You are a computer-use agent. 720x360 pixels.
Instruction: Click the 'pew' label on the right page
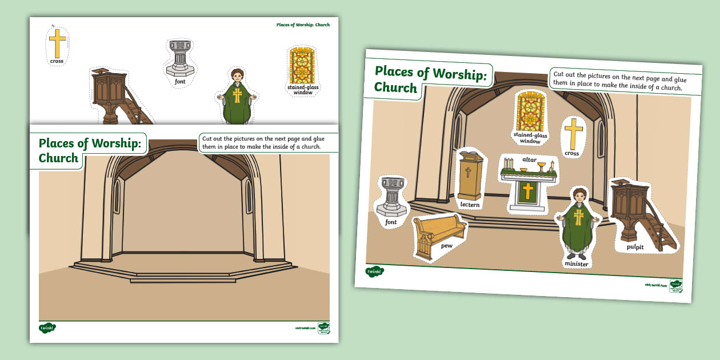(x=446, y=246)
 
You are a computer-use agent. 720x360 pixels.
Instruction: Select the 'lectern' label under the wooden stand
(x=470, y=205)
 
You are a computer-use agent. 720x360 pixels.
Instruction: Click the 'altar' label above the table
(x=529, y=159)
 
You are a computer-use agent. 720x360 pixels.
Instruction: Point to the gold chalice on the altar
(x=541, y=167)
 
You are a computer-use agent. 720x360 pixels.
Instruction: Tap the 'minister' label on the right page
(x=576, y=264)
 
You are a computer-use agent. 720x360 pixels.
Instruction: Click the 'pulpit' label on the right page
(x=634, y=247)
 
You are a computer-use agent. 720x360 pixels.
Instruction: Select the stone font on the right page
(x=391, y=197)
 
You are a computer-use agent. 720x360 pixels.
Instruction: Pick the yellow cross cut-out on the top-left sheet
(x=57, y=43)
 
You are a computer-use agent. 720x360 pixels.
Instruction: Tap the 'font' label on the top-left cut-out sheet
(x=180, y=82)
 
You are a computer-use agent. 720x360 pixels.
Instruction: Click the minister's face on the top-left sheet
(x=236, y=77)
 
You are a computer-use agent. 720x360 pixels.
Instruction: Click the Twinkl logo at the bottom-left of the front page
(x=47, y=328)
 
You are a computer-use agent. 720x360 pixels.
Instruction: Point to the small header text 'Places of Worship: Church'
(x=303, y=25)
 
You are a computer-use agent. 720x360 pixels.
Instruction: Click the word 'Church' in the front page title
(x=58, y=158)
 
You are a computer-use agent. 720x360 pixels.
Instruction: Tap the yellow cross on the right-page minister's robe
(x=579, y=217)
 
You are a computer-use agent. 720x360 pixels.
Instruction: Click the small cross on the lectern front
(x=468, y=171)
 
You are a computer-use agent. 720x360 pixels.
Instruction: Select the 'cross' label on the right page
(x=571, y=153)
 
